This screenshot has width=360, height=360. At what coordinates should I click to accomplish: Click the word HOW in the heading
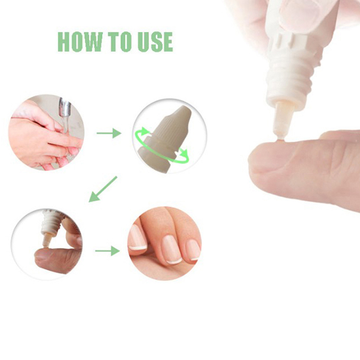pos(80,42)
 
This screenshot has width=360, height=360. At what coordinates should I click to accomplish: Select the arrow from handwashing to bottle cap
pos(109,133)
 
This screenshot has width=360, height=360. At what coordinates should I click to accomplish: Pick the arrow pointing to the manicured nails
pos(108,251)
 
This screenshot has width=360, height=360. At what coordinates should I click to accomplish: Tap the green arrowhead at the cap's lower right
pos(184,152)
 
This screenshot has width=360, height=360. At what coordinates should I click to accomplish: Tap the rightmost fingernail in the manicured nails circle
pos(193,250)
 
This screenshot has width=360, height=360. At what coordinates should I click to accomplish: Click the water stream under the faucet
pos(66,125)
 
